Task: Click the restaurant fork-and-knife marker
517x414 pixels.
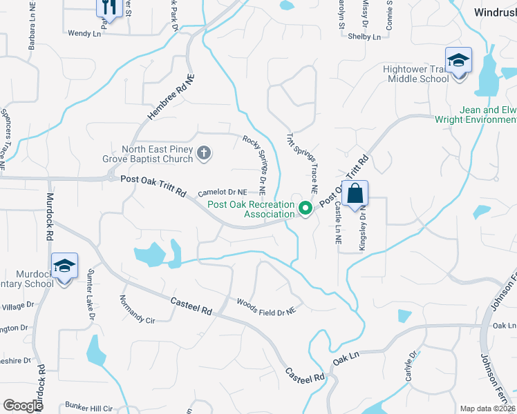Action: pos(110,8)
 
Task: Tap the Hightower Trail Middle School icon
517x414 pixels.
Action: pos(458,61)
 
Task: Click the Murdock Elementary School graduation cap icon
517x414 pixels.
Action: pos(64,266)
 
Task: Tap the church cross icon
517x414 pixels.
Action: pos(204,153)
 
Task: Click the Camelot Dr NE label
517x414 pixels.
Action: pos(222,193)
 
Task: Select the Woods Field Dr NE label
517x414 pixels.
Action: pos(266,307)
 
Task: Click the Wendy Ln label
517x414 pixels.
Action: pos(86,32)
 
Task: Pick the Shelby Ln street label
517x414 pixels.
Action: pos(364,37)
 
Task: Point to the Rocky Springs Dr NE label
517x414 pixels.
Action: pos(255,163)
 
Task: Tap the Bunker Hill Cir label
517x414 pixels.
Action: pos(88,407)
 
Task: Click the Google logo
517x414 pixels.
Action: pos(23,405)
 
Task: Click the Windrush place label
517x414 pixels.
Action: pos(496,12)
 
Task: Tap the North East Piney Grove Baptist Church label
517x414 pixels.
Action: pos(158,154)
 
